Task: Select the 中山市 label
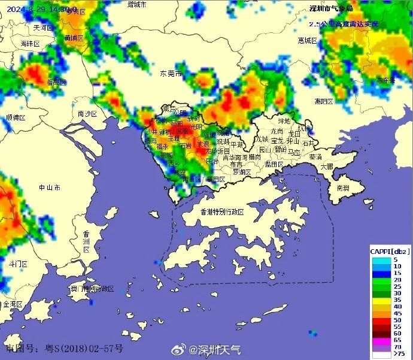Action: point(49,187)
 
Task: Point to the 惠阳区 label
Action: point(324,102)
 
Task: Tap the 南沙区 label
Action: point(87,113)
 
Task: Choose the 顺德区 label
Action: point(16,117)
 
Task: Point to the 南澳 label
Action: point(343,187)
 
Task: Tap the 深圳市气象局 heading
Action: point(330,8)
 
